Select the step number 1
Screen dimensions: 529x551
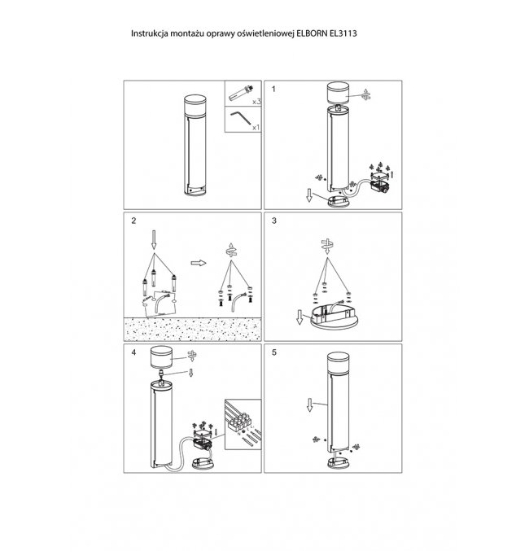pyautogui.click(x=273, y=90)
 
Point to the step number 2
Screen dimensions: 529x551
pyautogui.click(x=133, y=221)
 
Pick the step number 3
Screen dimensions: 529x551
pyautogui.click(x=274, y=221)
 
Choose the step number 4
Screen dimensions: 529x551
pyautogui.click(x=133, y=352)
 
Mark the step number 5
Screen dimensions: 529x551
pyautogui.click(x=274, y=352)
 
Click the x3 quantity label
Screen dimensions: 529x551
pyautogui.click(x=256, y=102)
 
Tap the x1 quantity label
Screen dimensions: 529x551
pyautogui.click(x=256, y=127)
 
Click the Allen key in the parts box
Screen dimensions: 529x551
pyautogui.click(x=240, y=118)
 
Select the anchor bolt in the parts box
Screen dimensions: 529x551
pyautogui.click(x=241, y=93)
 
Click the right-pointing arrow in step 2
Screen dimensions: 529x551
pyautogui.click(x=199, y=263)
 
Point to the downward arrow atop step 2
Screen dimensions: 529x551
pyautogui.click(x=154, y=239)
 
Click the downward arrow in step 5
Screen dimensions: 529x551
pyautogui.click(x=309, y=405)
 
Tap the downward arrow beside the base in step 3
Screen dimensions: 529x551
pyautogui.click(x=299, y=317)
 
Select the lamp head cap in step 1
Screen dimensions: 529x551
pyautogui.click(x=339, y=93)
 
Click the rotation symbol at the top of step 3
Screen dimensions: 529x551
pyautogui.click(x=327, y=246)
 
